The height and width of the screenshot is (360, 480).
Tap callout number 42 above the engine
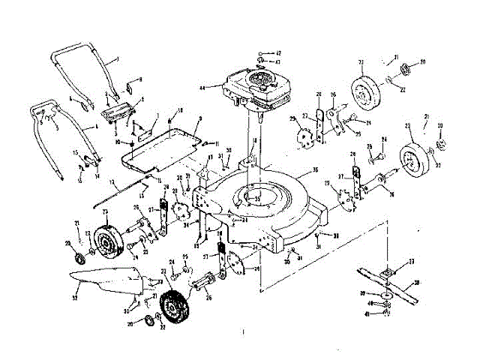tap(277, 53)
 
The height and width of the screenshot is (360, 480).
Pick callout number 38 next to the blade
tap(416, 283)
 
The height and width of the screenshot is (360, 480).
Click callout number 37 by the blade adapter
tap(410, 261)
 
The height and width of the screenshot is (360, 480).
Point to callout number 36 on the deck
tap(316, 169)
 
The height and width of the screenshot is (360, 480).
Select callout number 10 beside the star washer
tap(118, 141)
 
